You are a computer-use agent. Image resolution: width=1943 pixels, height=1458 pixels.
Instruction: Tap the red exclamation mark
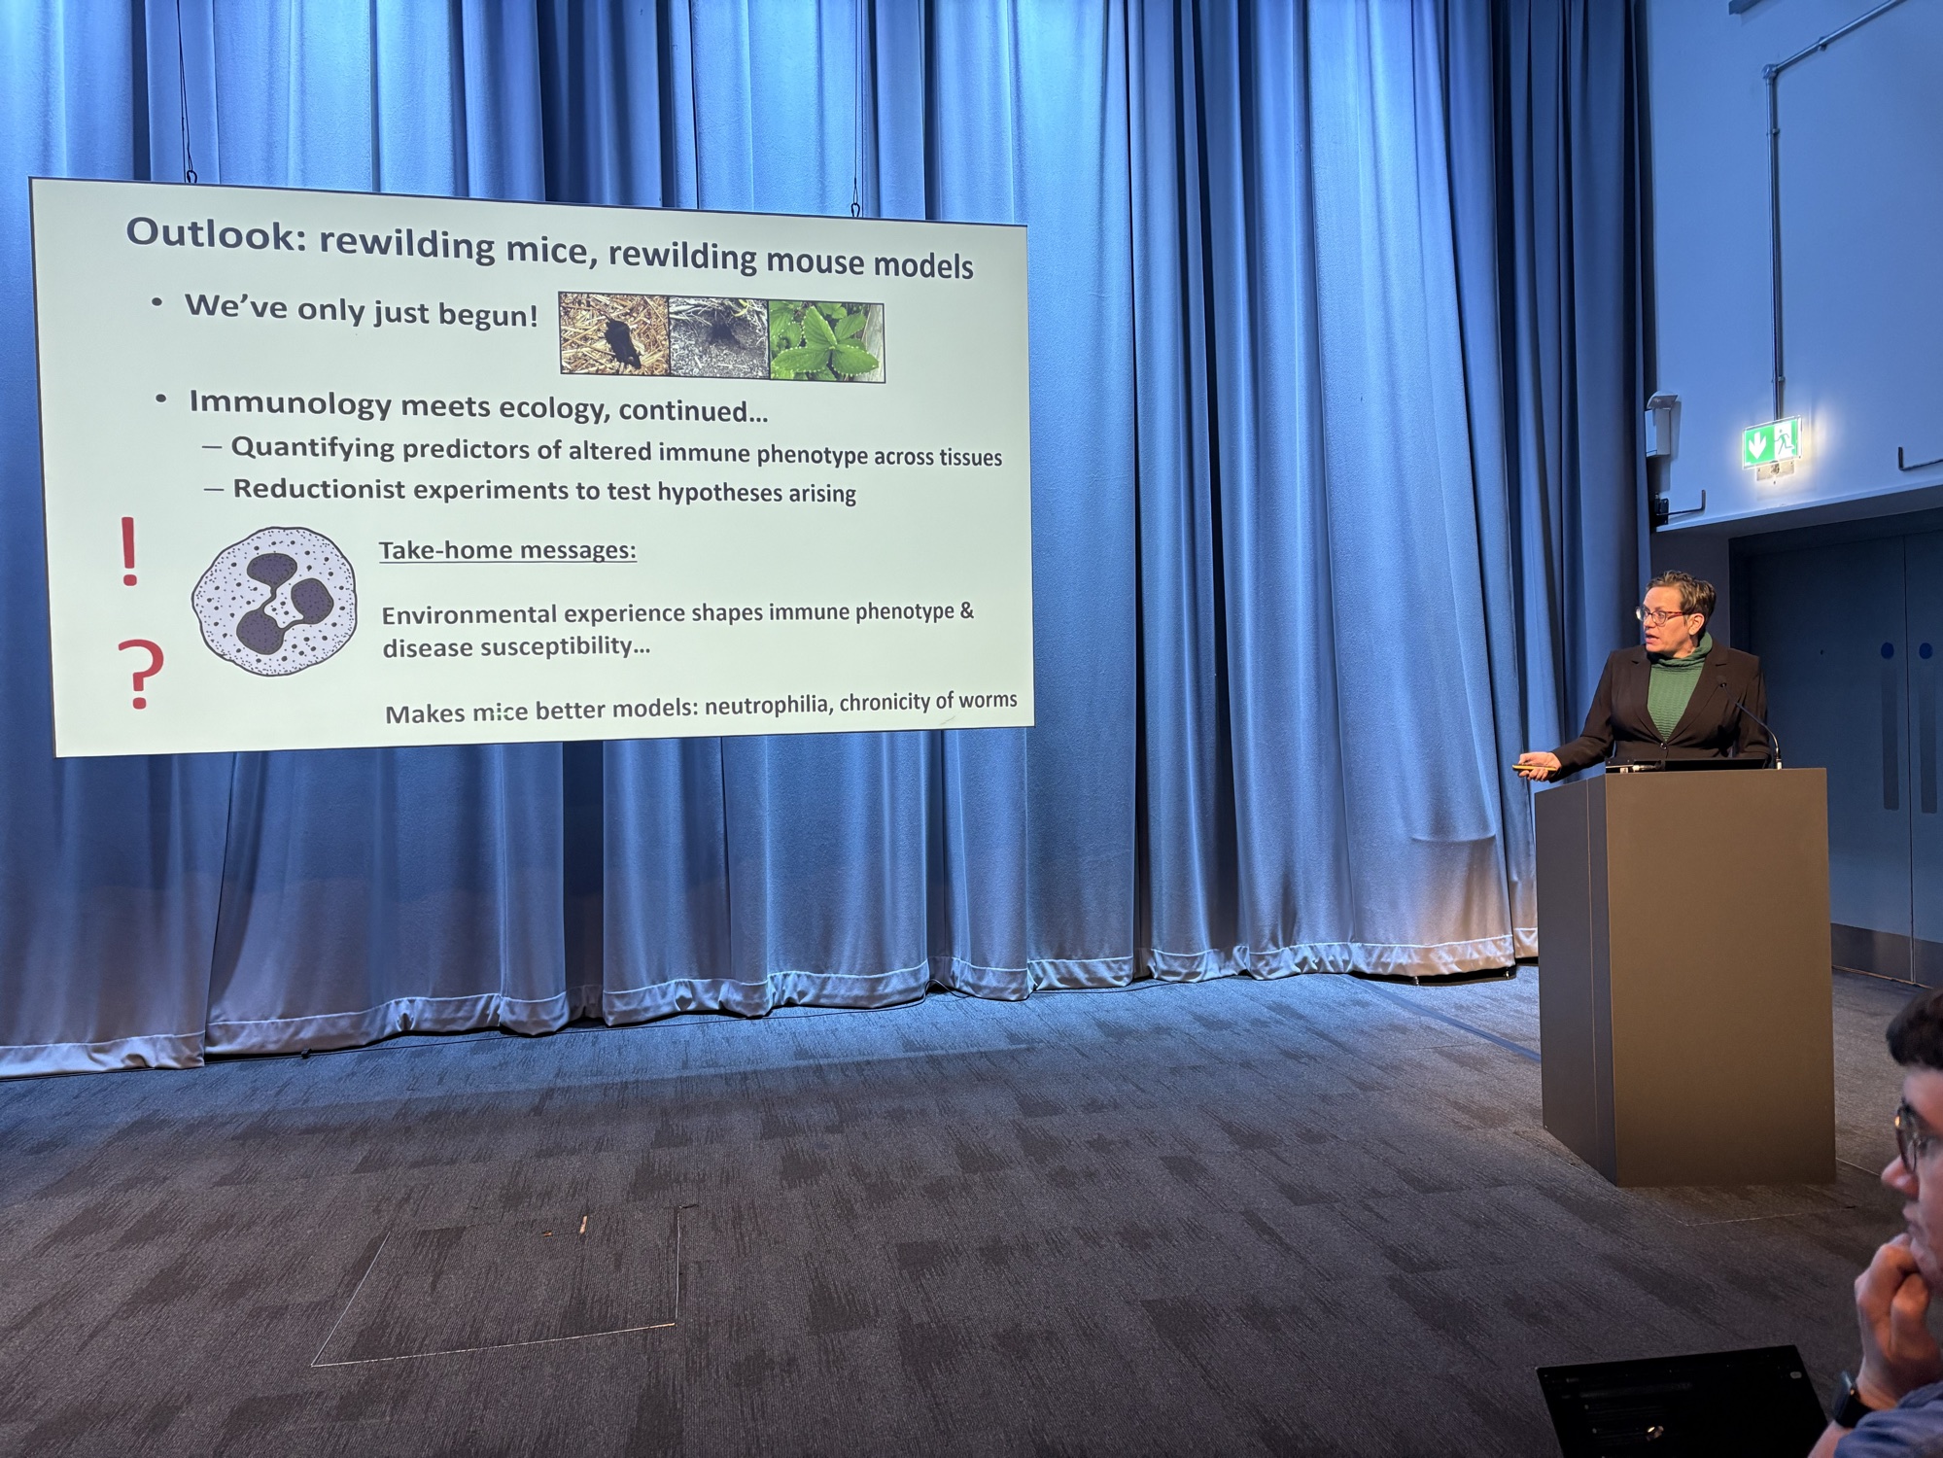(x=128, y=551)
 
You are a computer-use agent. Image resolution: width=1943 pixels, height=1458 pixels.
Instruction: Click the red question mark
(x=142, y=675)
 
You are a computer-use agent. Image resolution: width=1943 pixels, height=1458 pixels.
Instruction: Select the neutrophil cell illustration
(x=274, y=602)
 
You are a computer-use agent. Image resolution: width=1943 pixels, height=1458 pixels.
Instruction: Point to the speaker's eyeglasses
(x=1661, y=614)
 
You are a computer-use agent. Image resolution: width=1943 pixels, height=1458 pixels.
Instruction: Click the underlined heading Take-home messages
(x=507, y=551)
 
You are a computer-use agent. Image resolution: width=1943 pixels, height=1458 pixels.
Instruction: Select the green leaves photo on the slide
(x=826, y=340)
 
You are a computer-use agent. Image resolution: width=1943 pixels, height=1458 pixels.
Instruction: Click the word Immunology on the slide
(x=290, y=401)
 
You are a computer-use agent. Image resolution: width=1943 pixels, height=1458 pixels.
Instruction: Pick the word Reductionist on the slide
(x=319, y=488)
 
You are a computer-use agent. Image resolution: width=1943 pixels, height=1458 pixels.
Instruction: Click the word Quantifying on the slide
(x=313, y=448)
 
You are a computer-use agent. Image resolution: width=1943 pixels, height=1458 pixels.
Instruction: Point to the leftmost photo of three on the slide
(x=614, y=333)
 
